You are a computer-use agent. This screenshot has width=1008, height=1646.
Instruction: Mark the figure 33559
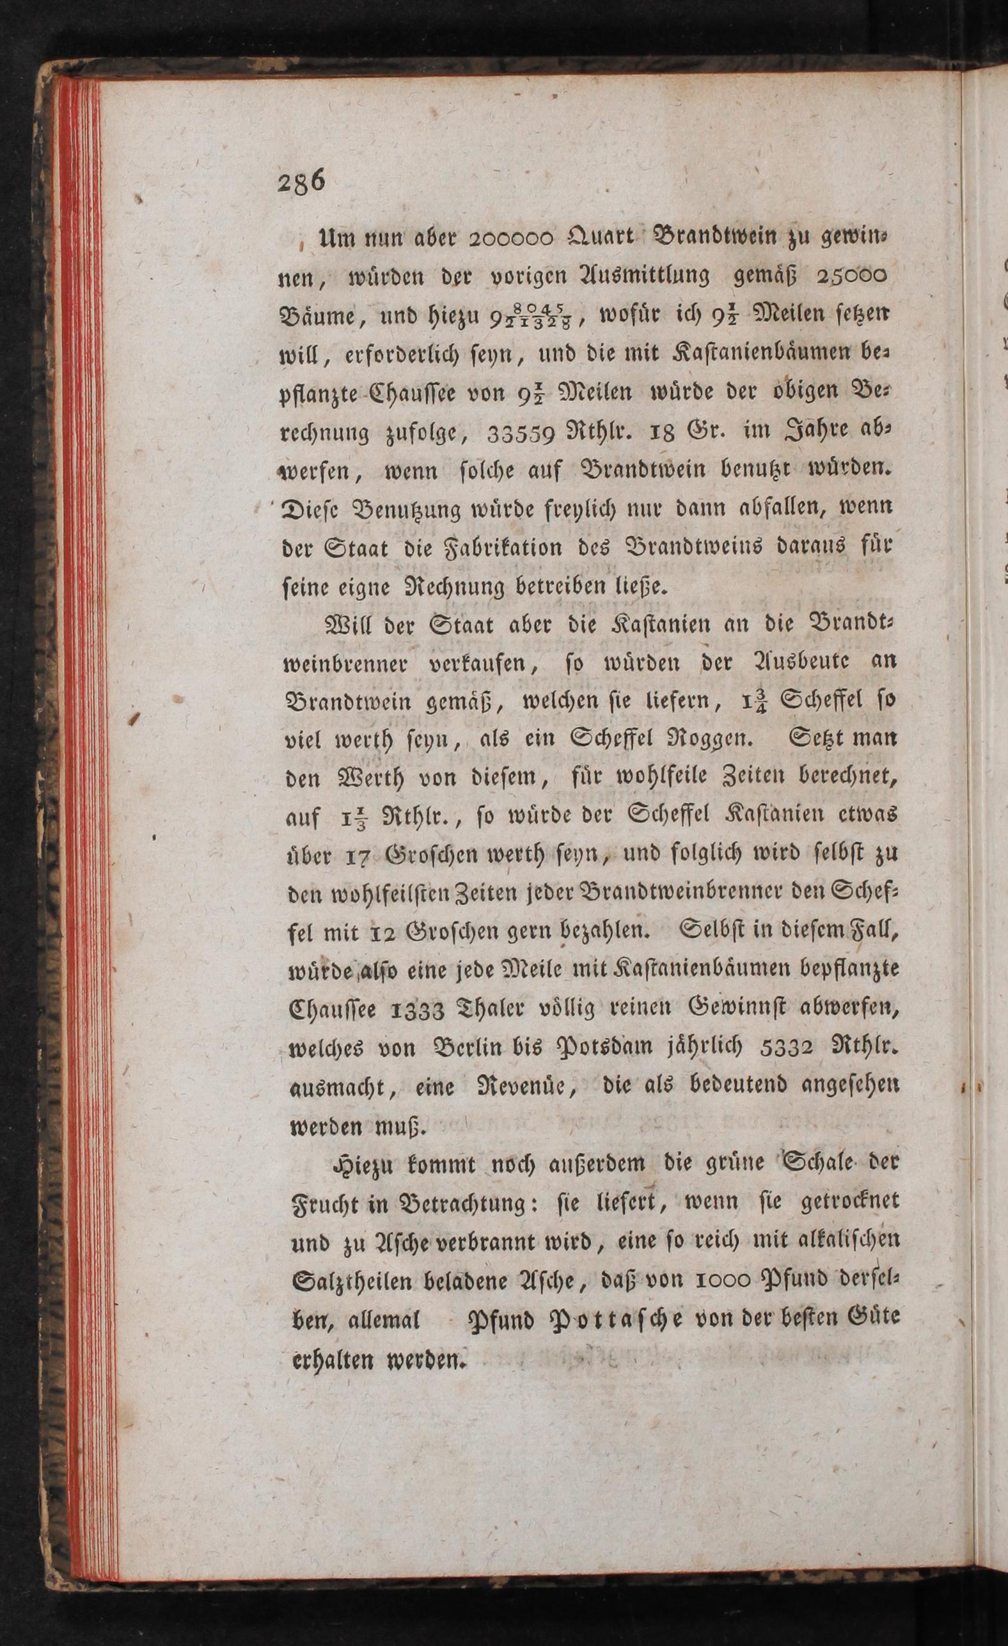tap(523, 434)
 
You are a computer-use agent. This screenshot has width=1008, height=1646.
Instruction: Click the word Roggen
tap(708, 740)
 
